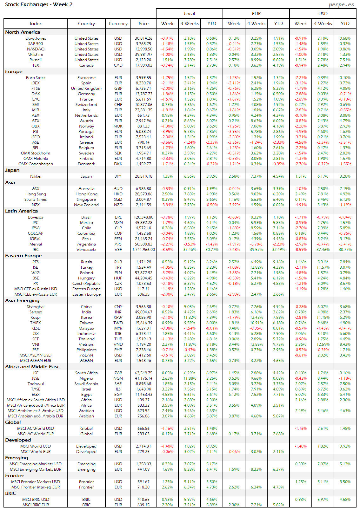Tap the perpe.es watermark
click(341, 4)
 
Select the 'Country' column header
click(86, 23)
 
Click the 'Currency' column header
click(118, 23)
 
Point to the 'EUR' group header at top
click(256, 14)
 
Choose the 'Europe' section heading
click(14, 71)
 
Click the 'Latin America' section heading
click(21, 211)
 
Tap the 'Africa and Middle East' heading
click(32, 367)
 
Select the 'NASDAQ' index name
click(36, 49)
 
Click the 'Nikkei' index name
click(36, 176)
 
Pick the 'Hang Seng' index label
click(36, 194)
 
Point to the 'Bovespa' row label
click(36, 217)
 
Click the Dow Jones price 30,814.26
click(143, 38)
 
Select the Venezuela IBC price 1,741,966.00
click(144, 250)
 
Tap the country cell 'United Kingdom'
click(86, 88)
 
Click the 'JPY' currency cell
click(118, 176)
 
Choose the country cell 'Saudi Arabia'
click(86, 384)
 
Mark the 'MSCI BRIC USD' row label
click(36, 500)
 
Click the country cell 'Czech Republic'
click(86, 284)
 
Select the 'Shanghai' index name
click(36, 307)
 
